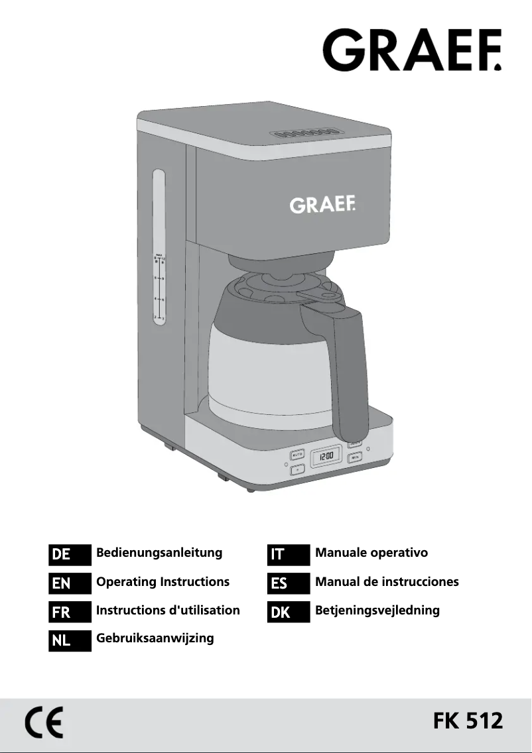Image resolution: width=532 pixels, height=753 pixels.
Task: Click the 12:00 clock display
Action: click(326, 457)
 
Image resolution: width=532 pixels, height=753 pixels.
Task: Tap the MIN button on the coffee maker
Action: click(356, 457)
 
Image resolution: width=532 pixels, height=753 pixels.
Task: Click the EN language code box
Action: click(70, 583)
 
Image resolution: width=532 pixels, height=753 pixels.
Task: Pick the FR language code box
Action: click(70, 612)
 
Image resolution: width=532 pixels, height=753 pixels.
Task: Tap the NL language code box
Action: click(70, 641)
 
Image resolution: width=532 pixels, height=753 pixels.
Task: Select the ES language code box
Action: click(289, 583)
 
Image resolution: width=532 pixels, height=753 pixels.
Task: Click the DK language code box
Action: click(289, 612)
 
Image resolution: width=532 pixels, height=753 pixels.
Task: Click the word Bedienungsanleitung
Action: click(159, 553)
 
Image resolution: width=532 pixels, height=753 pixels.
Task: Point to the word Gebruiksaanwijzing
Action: click(155, 638)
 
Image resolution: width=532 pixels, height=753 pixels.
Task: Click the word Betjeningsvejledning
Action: click(377, 610)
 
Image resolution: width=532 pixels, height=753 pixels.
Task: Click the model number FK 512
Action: click(468, 721)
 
